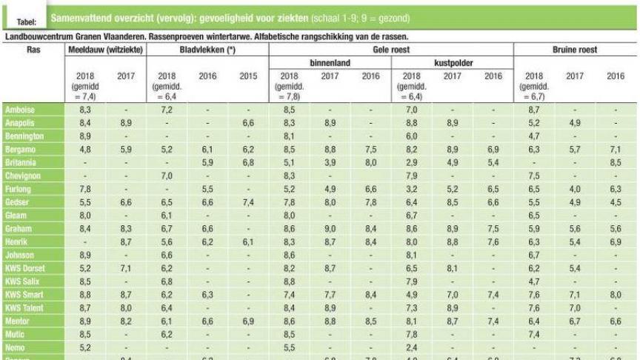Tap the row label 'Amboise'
click(x=20, y=109)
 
